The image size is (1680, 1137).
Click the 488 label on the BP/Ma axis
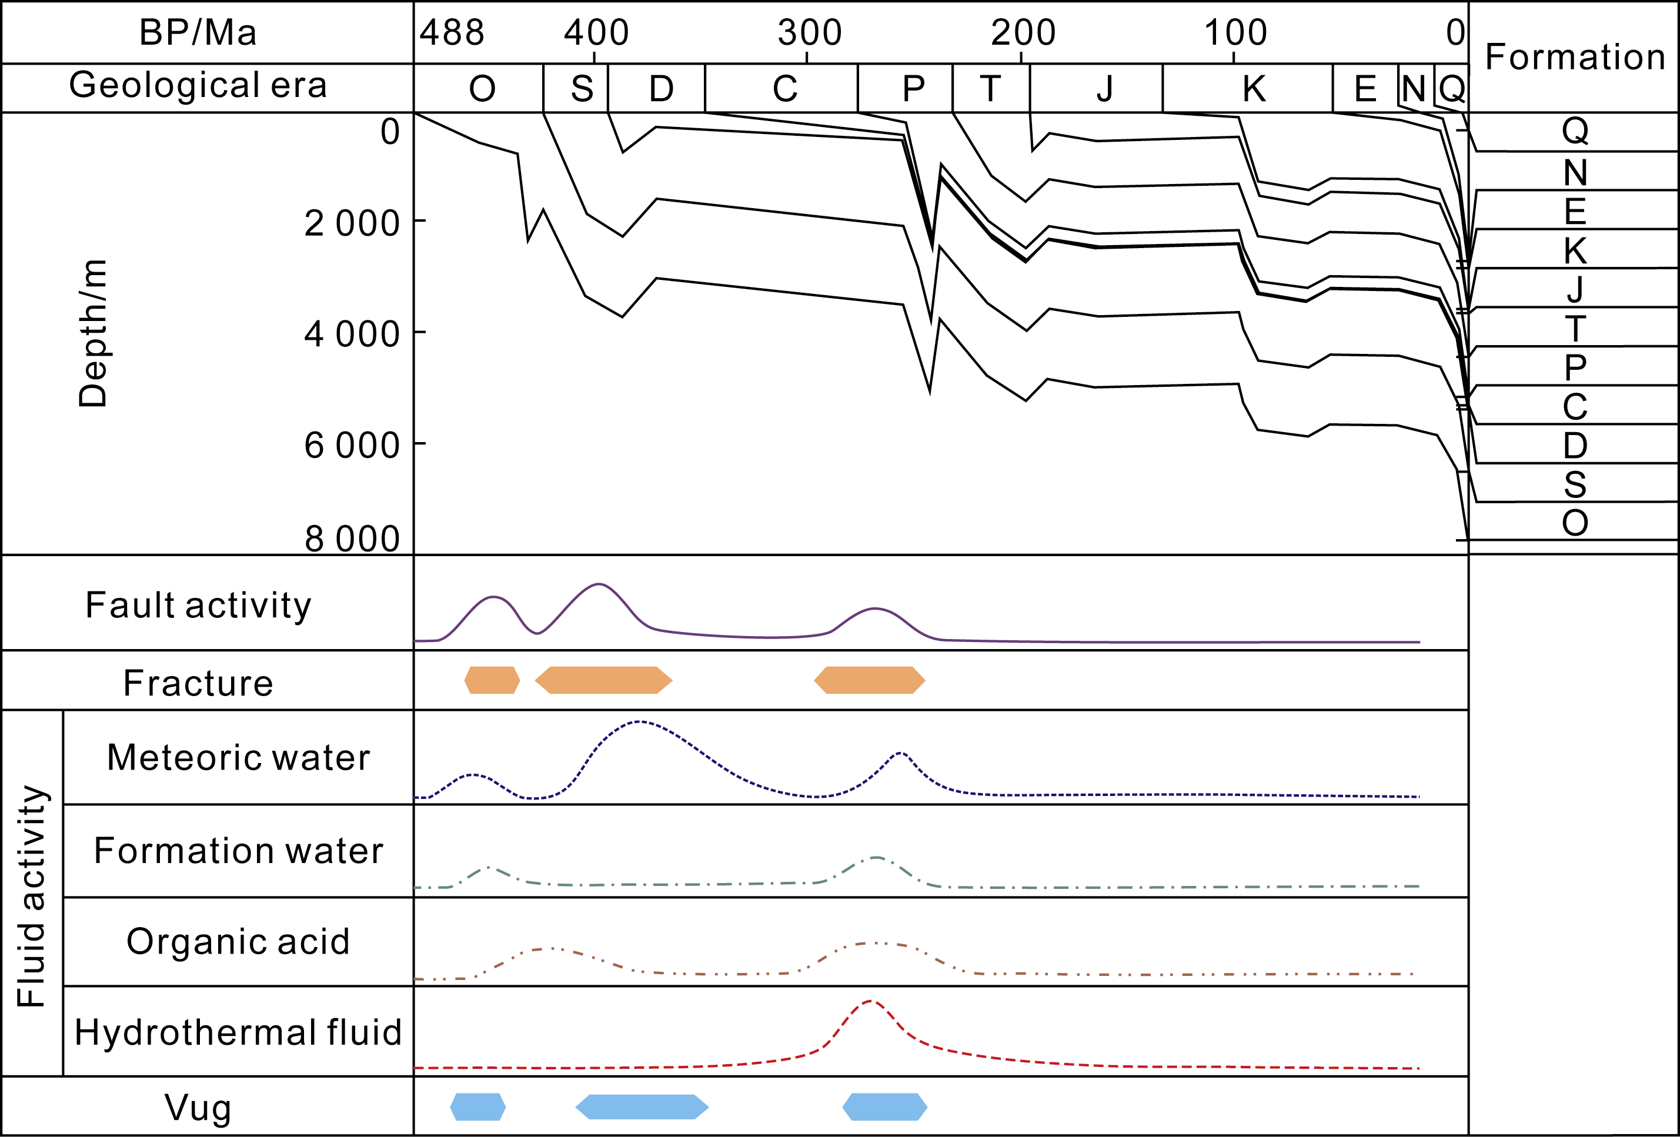[452, 32]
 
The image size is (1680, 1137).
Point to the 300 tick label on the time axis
[809, 32]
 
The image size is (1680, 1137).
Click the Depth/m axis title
[92, 333]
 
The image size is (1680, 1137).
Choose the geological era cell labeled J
[1104, 89]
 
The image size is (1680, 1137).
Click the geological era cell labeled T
[990, 89]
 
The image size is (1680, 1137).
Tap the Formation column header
[1575, 56]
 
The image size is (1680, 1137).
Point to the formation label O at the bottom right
[1575, 523]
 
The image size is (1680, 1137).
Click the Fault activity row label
[198, 605]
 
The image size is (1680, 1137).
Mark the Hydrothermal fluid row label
[238, 1032]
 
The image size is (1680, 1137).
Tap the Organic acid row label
[238, 942]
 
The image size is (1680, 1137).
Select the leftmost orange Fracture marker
[492, 680]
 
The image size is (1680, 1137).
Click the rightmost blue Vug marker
[885, 1106]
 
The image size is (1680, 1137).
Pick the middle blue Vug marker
[642, 1106]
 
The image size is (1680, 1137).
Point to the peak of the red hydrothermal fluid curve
[870, 1001]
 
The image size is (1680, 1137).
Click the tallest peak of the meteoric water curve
[640, 721]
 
